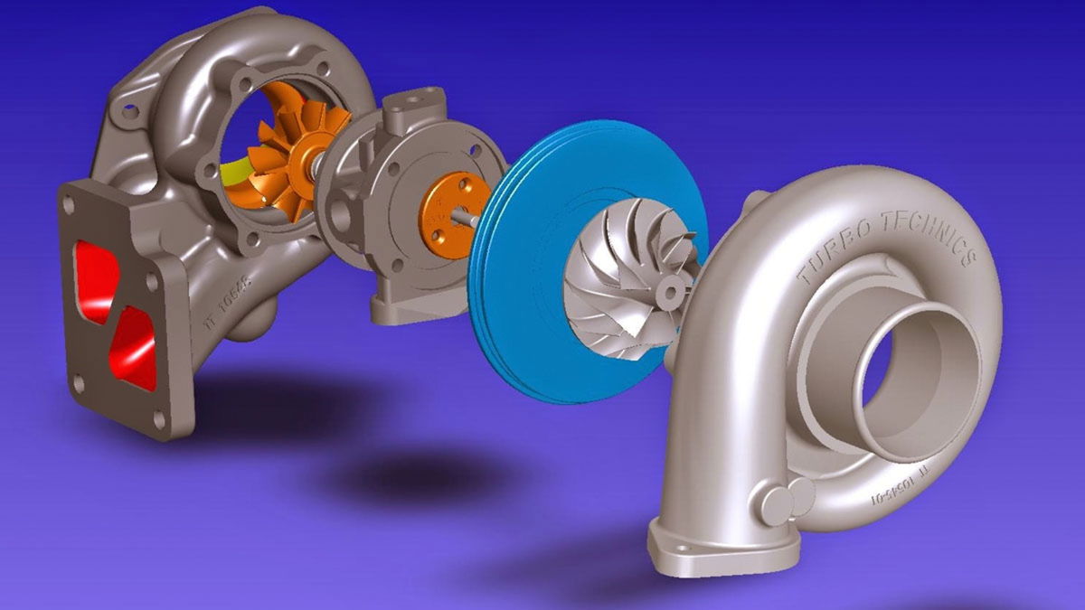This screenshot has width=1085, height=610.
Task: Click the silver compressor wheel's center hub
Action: [670, 288]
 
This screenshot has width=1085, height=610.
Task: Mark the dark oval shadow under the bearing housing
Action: [425, 474]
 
